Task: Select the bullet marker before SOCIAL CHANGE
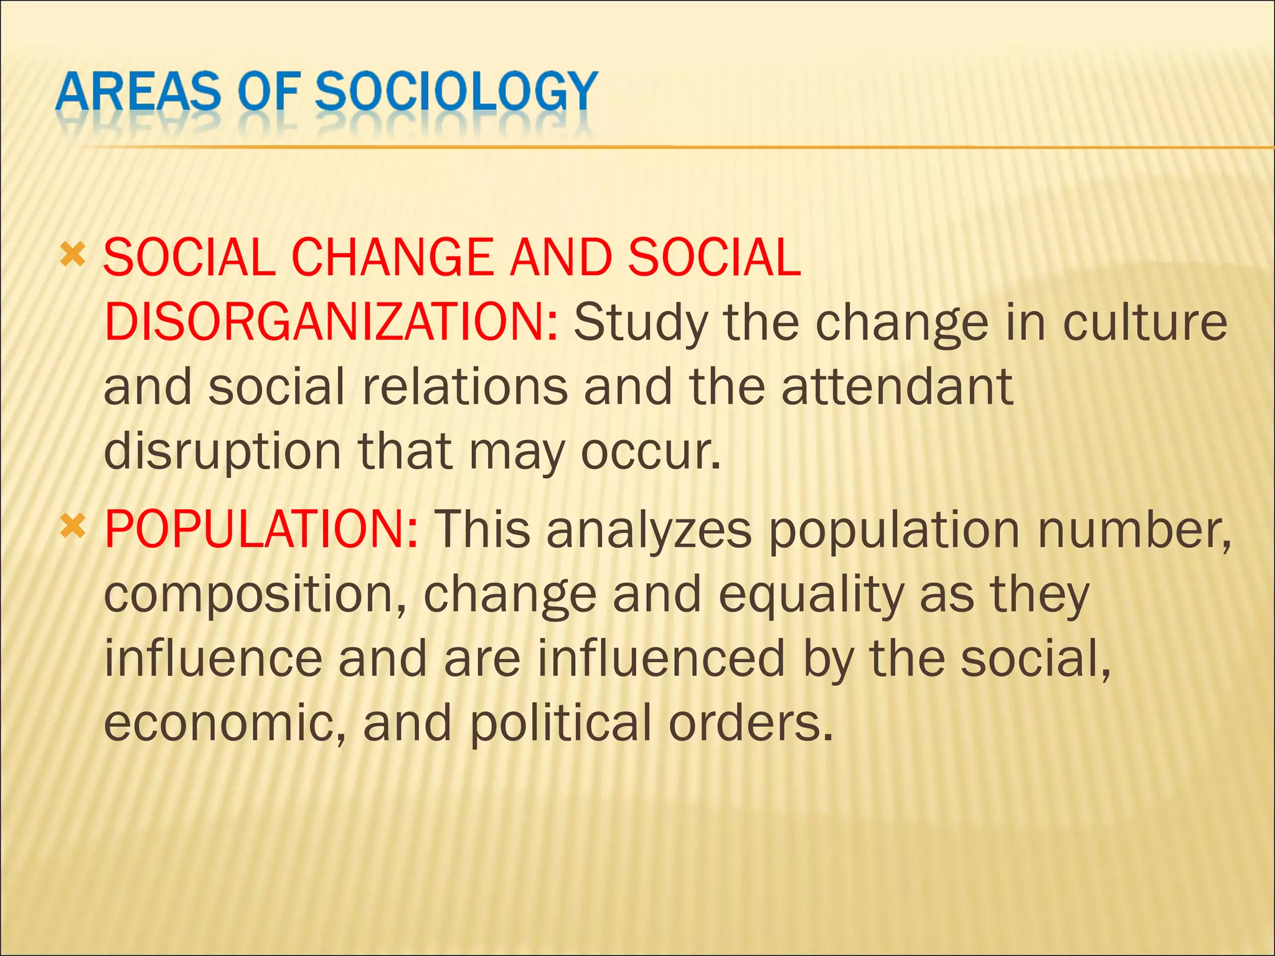click(72, 255)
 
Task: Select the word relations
click(464, 387)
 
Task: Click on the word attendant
click(897, 387)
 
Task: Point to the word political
click(560, 723)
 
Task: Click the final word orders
click(750, 723)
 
